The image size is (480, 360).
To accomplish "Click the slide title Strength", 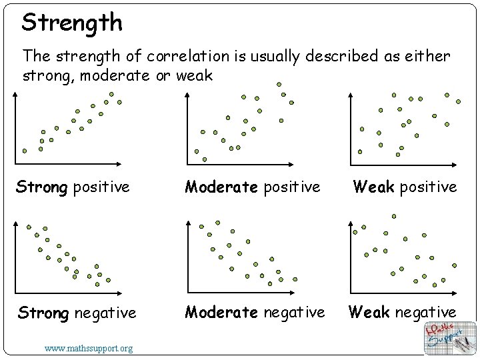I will (72, 23).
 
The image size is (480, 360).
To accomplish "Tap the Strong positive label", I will (73, 187).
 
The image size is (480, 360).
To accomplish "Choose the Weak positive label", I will (405, 187).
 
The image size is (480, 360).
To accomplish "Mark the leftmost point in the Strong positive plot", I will (25, 151).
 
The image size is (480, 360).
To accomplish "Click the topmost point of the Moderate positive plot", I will (279, 85).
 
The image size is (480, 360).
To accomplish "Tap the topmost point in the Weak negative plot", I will (393, 216).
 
